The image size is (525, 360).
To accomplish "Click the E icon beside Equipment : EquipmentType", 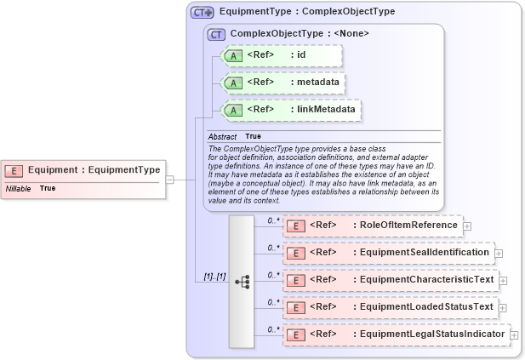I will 18,169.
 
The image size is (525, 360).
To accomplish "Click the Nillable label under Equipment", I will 18,188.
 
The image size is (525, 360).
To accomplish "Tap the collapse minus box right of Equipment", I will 169,180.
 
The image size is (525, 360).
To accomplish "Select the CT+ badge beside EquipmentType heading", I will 202,13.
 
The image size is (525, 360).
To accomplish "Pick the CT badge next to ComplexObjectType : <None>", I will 216,34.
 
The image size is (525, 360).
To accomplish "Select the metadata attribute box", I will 281,83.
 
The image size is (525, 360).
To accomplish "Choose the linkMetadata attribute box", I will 289,110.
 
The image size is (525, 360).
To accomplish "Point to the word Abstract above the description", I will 222,136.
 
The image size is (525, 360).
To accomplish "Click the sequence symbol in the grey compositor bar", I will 242,280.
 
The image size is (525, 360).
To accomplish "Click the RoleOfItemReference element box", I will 372,226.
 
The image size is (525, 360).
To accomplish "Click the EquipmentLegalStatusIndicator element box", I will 395,334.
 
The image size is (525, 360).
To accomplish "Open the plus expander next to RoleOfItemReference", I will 467,226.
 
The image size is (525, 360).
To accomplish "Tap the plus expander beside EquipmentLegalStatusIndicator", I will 514,334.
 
